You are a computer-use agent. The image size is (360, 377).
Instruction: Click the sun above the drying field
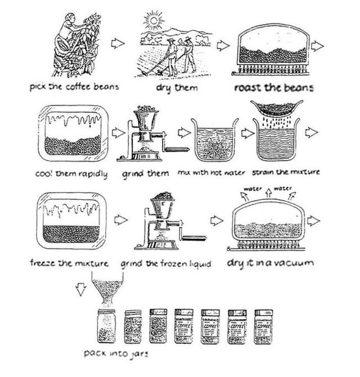[152, 22]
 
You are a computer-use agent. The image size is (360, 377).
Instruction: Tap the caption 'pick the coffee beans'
[75, 88]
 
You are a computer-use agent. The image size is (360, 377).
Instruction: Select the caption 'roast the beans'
[273, 88]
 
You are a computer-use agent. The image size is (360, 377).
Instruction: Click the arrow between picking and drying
[118, 44]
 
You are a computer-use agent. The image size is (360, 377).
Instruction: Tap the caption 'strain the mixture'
[286, 172]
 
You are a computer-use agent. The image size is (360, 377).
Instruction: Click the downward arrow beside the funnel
[81, 289]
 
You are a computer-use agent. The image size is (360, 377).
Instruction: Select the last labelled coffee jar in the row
[263, 326]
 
